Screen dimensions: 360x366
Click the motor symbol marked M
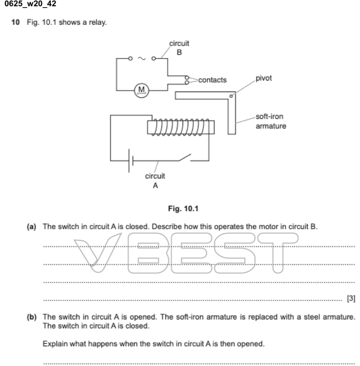[x=141, y=90]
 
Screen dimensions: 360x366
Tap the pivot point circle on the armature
[x=231, y=96]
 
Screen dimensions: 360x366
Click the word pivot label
[x=264, y=78]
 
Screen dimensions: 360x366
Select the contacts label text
[x=212, y=80]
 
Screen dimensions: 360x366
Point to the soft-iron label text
[x=269, y=117]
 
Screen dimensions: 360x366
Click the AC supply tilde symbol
[x=141, y=58]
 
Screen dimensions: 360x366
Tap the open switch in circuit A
[x=185, y=157]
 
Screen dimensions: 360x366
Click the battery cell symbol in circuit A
[x=131, y=161]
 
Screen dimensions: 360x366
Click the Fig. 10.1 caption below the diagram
[x=183, y=209]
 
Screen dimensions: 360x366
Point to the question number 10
[x=15, y=22]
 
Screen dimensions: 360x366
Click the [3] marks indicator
[x=351, y=298]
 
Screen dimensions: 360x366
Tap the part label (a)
[x=32, y=227]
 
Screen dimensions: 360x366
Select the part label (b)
[x=32, y=317]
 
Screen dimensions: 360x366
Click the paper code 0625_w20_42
[x=30, y=4]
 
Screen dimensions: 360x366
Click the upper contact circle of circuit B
[x=187, y=78]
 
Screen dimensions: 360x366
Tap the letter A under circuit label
[x=155, y=186]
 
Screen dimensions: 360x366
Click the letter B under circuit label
[x=179, y=52]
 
